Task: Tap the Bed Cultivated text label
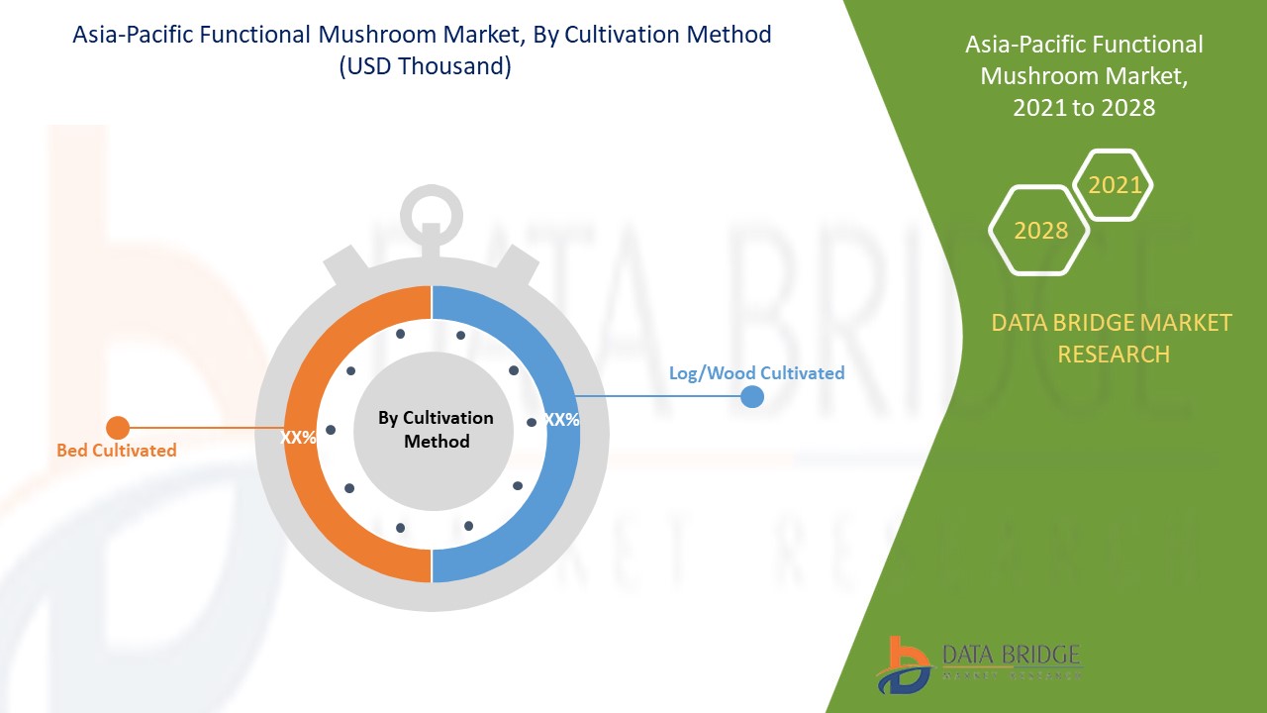pyautogui.click(x=117, y=451)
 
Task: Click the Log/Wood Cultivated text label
pyautogui.click(x=757, y=373)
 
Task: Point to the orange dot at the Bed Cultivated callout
pyautogui.click(x=118, y=428)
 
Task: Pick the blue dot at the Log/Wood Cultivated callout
pyautogui.click(x=752, y=397)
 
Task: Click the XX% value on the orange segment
pyautogui.click(x=298, y=438)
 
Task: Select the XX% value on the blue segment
pyautogui.click(x=561, y=420)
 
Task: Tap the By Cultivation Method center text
pyautogui.click(x=436, y=430)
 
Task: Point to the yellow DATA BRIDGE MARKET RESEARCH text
pyautogui.click(x=1112, y=339)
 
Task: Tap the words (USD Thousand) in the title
pyautogui.click(x=426, y=66)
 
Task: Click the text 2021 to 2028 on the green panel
pyautogui.click(x=1084, y=108)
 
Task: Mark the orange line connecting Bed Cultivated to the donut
pyautogui.click(x=207, y=428)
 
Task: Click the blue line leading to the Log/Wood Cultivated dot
pyautogui.click(x=659, y=396)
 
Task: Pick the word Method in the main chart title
pyautogui.click(x=730, y=35)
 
